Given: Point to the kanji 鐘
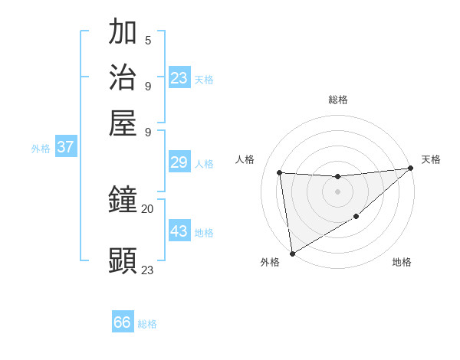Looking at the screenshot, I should (123, 201).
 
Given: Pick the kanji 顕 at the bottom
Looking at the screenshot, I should (123, 260).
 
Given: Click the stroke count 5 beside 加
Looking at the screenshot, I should (148, 40).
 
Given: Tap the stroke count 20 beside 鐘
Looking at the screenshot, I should (148, 208).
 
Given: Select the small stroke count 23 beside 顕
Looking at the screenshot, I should (148, 270).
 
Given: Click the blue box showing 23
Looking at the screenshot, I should (179, 78).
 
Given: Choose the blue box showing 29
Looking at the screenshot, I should (179, 162).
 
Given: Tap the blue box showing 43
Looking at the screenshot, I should (179, 231).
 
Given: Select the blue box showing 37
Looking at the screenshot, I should (65, 147).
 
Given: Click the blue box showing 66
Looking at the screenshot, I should (123, 322).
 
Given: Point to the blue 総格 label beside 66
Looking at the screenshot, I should (148, 324).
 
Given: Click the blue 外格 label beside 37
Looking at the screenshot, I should (41, 149).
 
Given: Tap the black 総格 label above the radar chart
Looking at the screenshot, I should (338, 100).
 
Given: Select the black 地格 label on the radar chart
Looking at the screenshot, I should (402, 263).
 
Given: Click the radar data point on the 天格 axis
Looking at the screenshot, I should (410, 169).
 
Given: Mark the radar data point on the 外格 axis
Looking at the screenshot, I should (292, 254).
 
